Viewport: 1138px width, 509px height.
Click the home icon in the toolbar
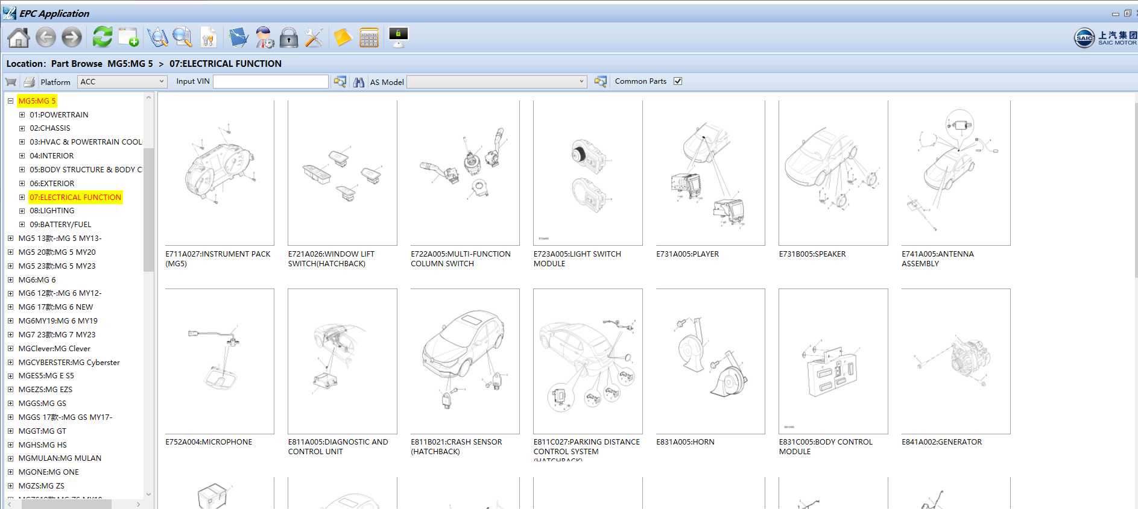click(18, 37)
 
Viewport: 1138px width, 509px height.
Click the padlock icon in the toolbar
click(289, 37)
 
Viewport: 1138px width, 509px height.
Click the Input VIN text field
click(270, 81)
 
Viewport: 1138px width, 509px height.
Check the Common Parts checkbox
click(678, 81)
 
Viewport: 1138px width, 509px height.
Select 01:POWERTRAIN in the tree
click(59, 114)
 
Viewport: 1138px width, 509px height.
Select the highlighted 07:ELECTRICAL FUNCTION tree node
click(75, 197)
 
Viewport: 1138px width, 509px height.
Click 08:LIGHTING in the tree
click(52, 211)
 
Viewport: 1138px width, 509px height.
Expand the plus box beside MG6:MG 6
click(10, 279)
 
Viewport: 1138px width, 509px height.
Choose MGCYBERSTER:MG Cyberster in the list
click(69, 362)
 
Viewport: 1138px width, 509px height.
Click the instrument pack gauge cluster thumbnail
click(220, 173)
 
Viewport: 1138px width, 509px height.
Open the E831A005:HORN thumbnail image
click(710, 361)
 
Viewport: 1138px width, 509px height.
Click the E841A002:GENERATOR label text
click(941, 442)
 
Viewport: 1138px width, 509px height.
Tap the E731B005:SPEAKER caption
click(812, 254)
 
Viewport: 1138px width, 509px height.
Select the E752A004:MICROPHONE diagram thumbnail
click(220, 361)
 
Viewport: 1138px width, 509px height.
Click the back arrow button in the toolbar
click(46, 37)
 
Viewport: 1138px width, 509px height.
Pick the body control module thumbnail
click(833, 361)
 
